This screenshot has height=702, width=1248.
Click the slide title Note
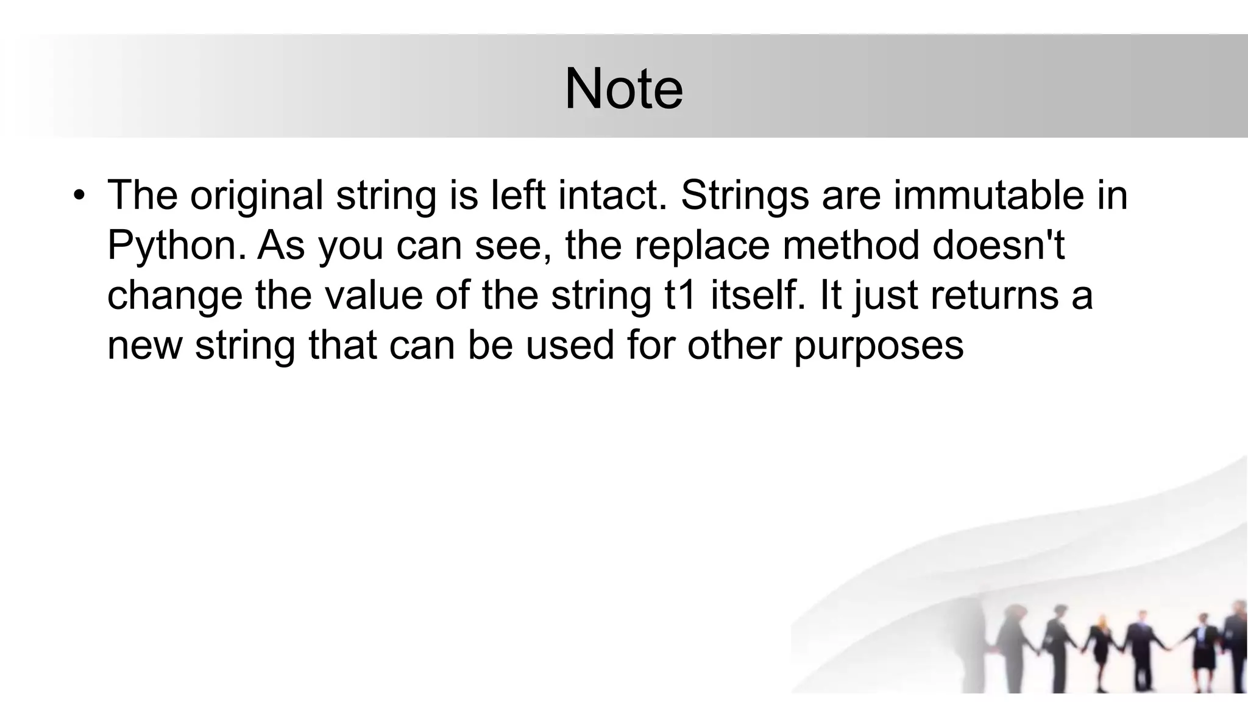(x=623, y=90)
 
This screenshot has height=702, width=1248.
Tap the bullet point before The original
(x=77, y=196)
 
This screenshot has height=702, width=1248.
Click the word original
(x=257, y=196)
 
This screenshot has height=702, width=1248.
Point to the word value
(x=374, y=295)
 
